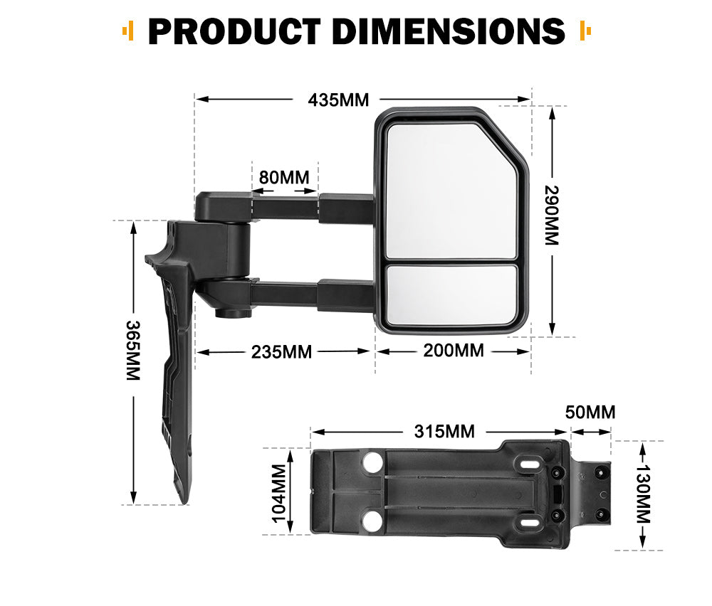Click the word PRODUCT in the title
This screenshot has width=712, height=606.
[x=234, y=31]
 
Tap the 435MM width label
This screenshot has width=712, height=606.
[x=338, y=100]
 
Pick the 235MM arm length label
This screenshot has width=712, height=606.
[x=281, y=351]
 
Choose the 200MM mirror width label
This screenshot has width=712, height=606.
[x=454, y=351]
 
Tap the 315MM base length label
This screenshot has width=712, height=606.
[x=444, y=431]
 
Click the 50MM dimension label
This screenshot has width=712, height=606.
[x=590, y=412]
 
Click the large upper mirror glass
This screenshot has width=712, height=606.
[x=449, y=191]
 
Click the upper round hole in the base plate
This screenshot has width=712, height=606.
[x=372, y=464]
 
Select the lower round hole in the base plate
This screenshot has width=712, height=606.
[x=372, y=523]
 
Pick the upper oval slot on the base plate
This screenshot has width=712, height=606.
[x=529, y=464]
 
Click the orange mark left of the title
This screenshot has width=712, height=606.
[x=128, y=31]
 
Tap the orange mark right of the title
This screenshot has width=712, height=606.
[x=585, y=31]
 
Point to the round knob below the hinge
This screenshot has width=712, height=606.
[x=229, y=312]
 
